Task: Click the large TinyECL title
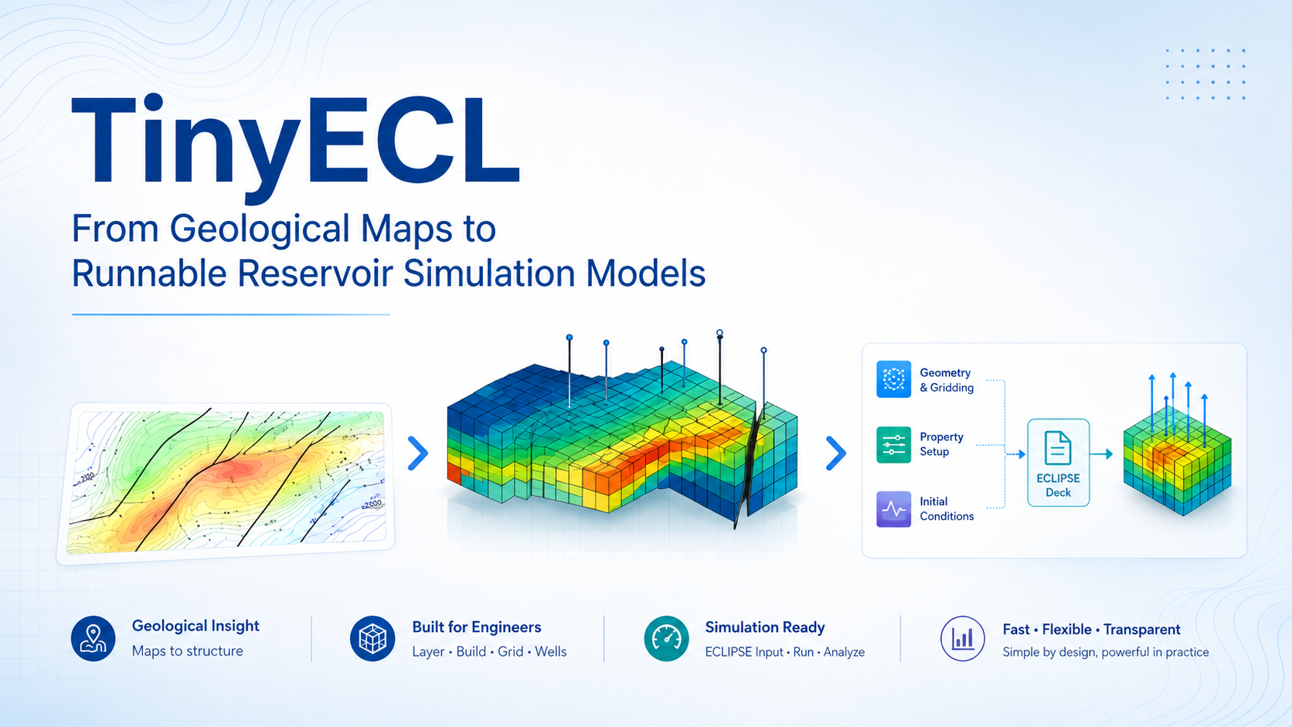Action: pos(295,149)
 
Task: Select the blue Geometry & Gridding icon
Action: pos(893,379)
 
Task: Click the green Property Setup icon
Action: pos(893,444)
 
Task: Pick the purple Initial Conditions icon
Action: pos(893,509)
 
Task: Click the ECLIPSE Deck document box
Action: pos(1059,463)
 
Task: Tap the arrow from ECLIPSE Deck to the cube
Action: pos(1101,454)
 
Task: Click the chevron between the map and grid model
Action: pos(418,454)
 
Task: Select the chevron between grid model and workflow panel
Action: pos(836,454)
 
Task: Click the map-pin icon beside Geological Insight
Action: pos(93,638)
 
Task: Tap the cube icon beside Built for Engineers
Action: pos(372,638)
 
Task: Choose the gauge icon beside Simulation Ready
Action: pos(666,638)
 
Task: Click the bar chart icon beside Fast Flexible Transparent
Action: pos(963,638)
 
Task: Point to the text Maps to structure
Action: pos(188,651)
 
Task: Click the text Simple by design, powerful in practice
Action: pos(1106,652)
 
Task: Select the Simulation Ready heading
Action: pos(765,627)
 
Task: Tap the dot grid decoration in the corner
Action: pos(1205,74)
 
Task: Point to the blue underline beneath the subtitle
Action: pos(231,314)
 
